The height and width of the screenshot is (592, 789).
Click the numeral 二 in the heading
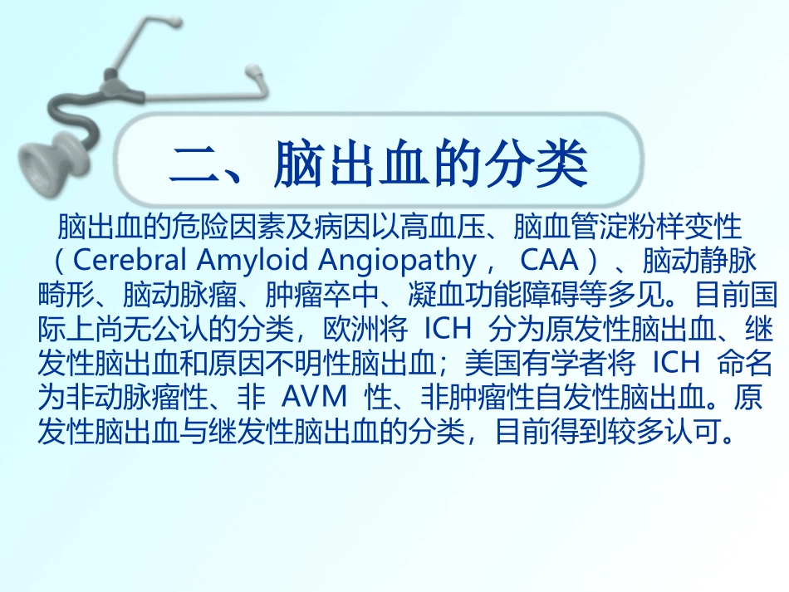tap(194, 165)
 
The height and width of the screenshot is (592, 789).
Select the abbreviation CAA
tap(550, 260)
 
